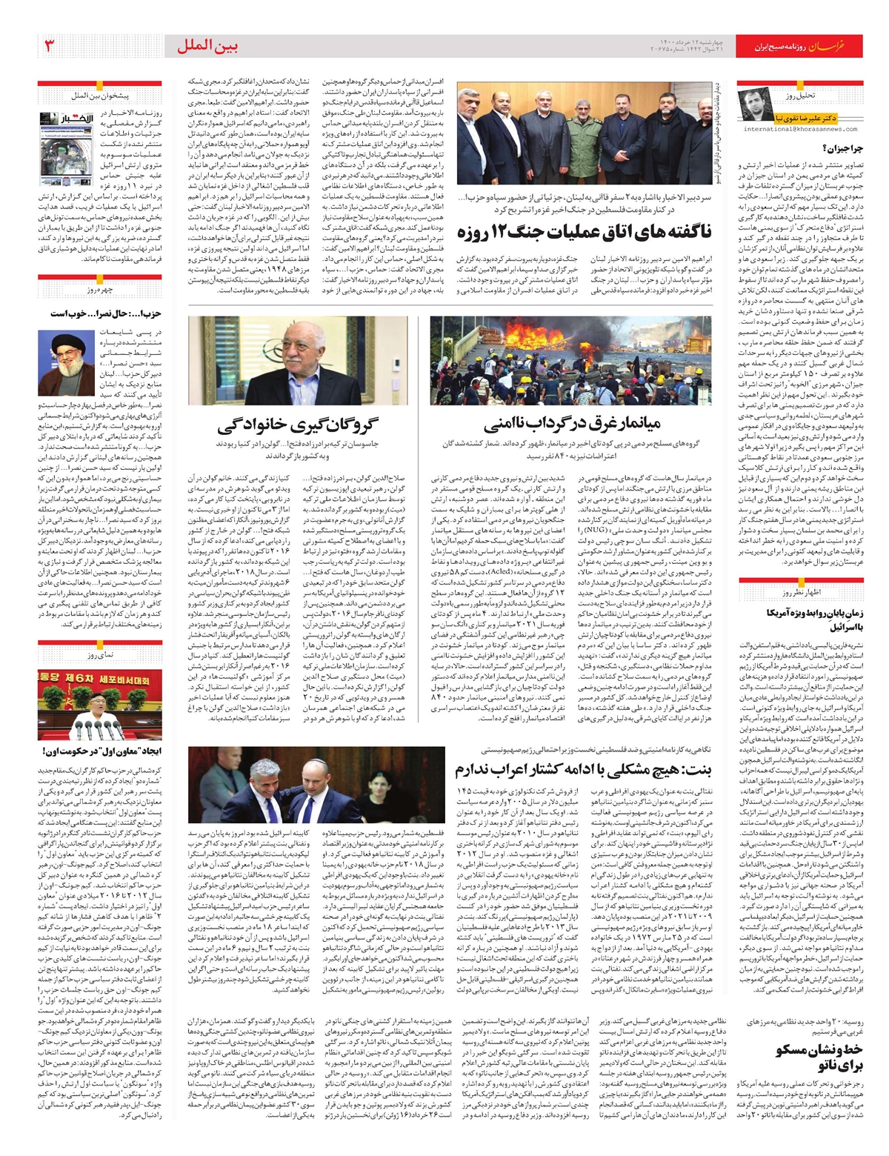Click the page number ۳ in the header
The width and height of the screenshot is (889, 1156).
(x=50, y=47)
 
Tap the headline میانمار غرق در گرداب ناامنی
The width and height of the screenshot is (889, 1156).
(x=572, y=425)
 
